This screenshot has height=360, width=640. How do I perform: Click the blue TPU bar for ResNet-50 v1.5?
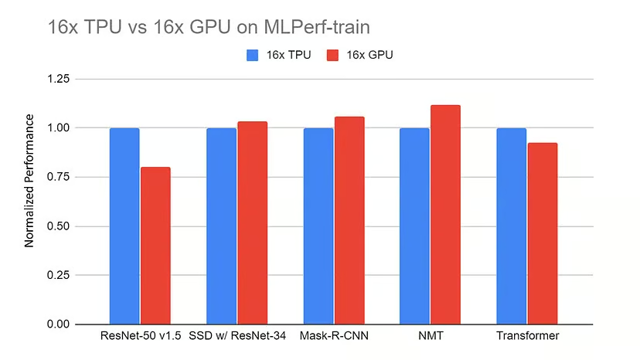pyautogui.click(x=124, y=226)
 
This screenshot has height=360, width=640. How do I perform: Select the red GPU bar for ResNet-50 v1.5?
pyautogui.click(x=155, y=246)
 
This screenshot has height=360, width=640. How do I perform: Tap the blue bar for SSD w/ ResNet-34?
pyautogui.click(x=221, y=226)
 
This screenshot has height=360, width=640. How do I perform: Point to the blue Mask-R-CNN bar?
pyautogui.click(x=318, y=226)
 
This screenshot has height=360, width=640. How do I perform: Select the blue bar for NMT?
pyautogui.click(x=414, y=226)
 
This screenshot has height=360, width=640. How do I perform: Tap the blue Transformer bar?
pyautogui.click(x=511, y=226)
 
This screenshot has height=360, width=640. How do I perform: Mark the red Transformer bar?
pyautogui.click(x=543, y=233)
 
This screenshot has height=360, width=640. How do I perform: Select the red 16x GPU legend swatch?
pyautogui.click(x=333, y=56)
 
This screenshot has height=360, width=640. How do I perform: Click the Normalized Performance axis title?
pyautogui.click(x=29, y=181)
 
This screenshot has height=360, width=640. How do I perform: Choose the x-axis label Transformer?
pyautogui.click(x=527, y=337)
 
